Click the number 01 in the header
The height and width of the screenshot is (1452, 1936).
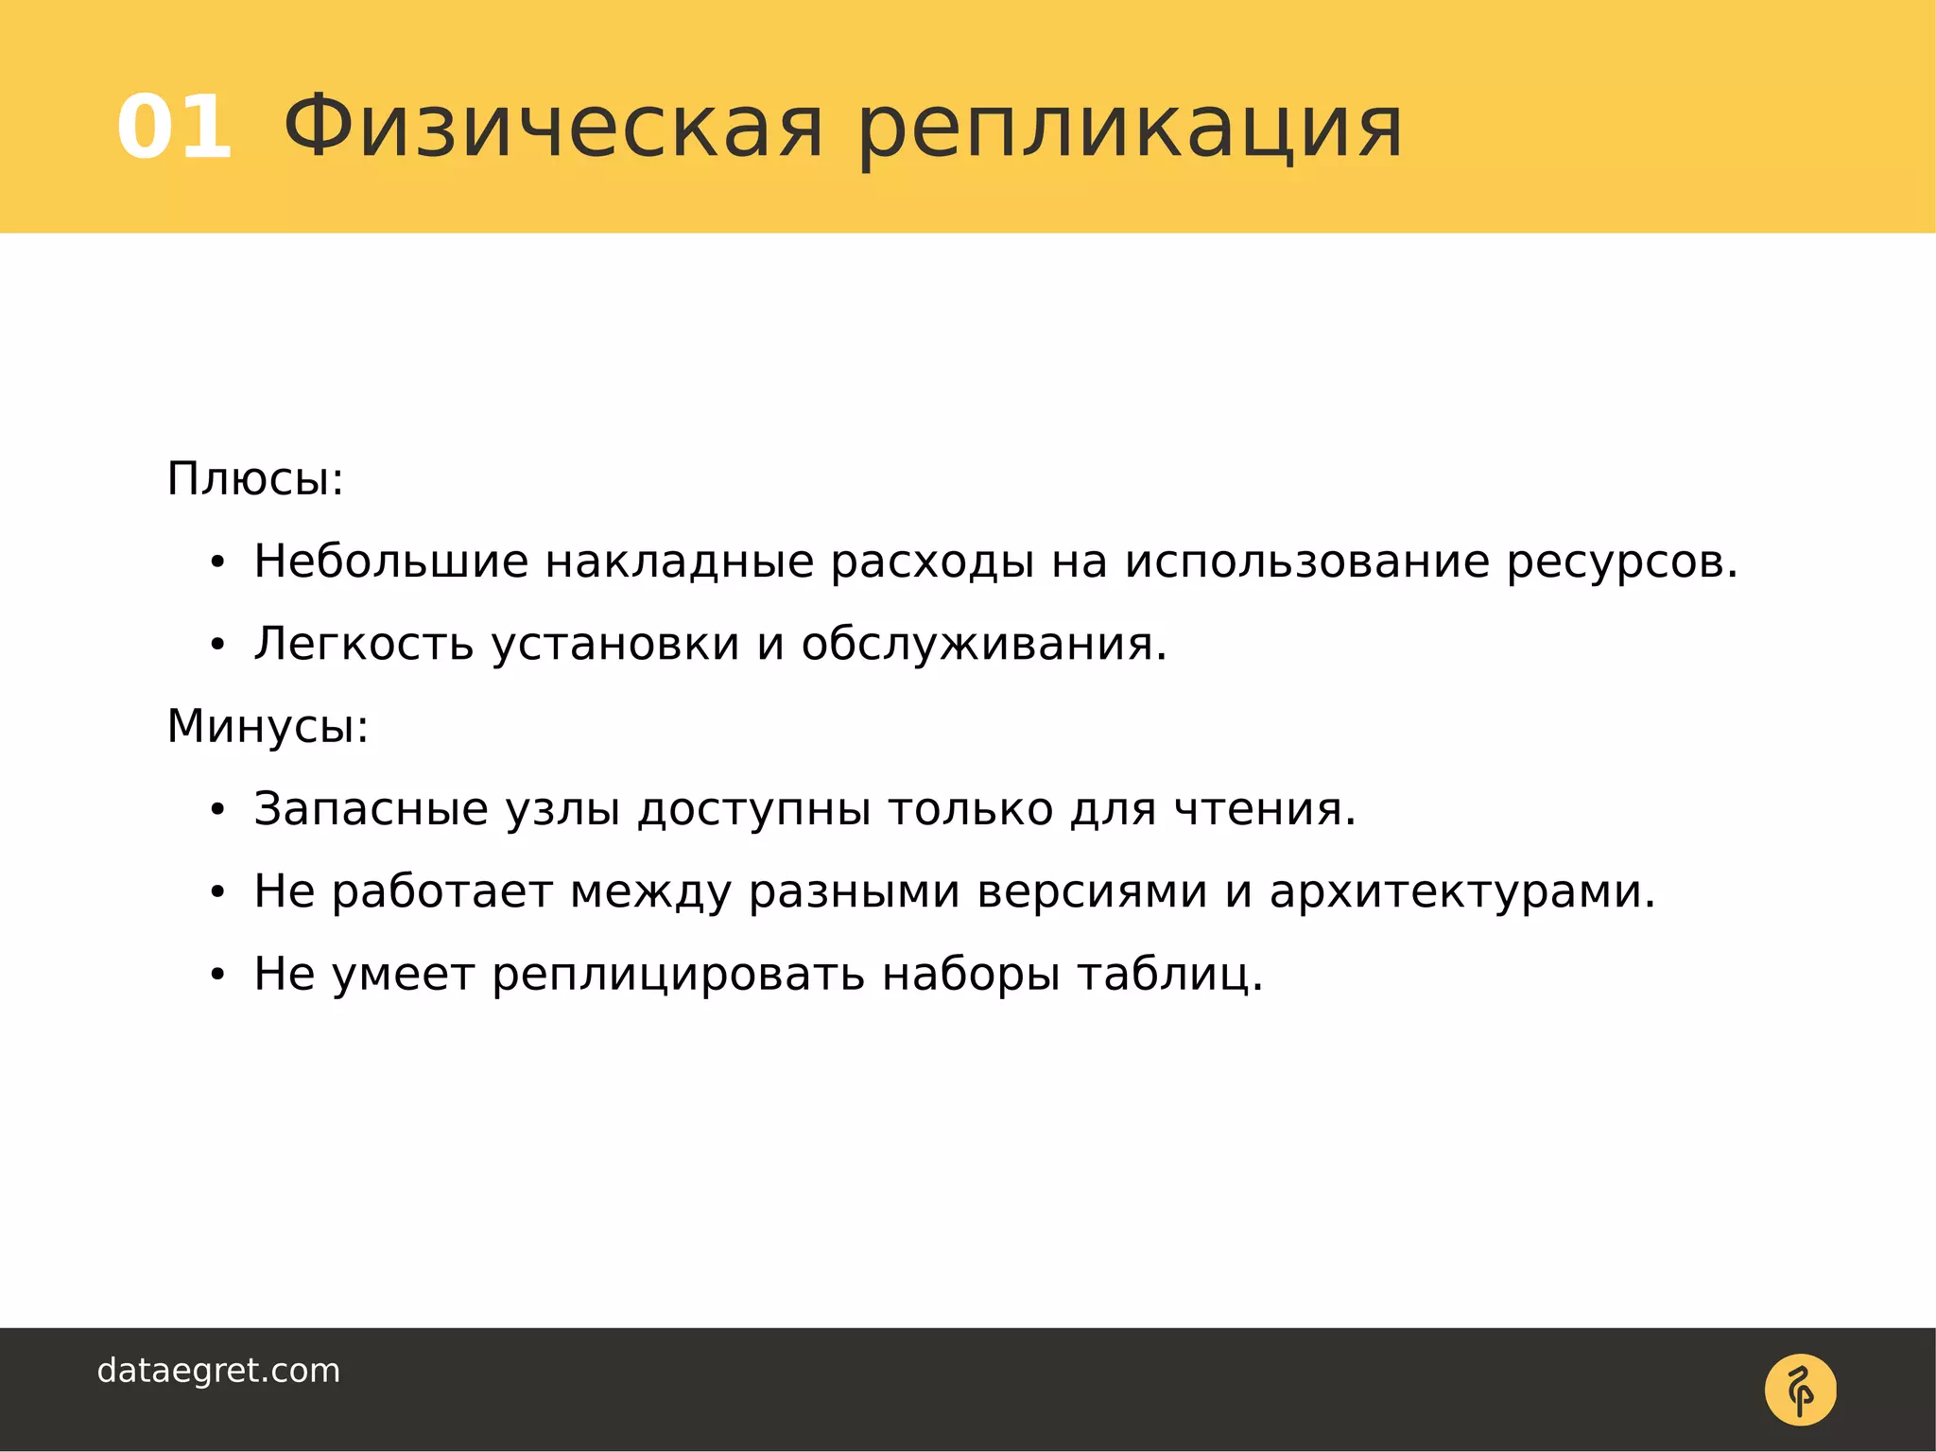click(x=174, y=128)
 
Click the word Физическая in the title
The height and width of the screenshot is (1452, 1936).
click(x=553, y=128)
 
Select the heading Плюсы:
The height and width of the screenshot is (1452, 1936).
click(x=255, y=479)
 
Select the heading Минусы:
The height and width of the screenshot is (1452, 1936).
click(x=268, y=727)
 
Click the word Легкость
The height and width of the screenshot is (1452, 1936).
click(x=363, y=645)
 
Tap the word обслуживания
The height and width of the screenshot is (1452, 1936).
click(x=983, y=645)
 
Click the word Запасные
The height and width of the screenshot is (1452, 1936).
click(x=371, y=809)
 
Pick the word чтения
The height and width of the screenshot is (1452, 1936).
click(x=1264, y=809)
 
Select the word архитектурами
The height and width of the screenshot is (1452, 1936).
click(x=1461, y=892)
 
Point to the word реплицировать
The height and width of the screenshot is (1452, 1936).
click(x=678, y=976)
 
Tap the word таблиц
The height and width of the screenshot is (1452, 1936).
click(x=1169, y=976)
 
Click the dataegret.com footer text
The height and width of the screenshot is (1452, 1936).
click(x=218, y=1371)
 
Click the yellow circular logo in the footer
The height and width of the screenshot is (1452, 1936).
click(x=1800, y=1390)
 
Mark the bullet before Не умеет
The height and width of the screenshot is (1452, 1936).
click(x=217, y=976)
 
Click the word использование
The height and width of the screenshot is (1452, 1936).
click(x=1306, y=562)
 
